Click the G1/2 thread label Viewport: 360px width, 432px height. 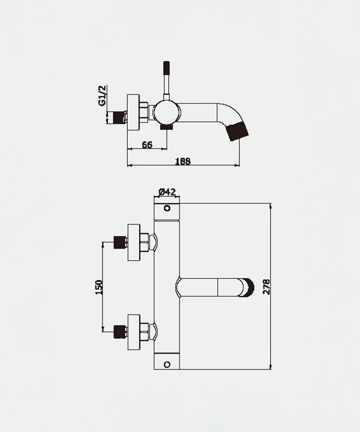point(102,96)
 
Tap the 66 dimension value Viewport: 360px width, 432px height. point(147,145)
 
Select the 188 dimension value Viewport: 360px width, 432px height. point(183,161)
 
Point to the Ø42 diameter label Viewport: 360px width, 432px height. point(167,192)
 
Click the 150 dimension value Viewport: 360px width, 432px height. point(99,287)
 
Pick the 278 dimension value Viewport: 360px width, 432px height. point(266,287)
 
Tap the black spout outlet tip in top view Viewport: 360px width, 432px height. point(237,131)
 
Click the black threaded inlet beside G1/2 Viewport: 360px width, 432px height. point(119,118)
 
